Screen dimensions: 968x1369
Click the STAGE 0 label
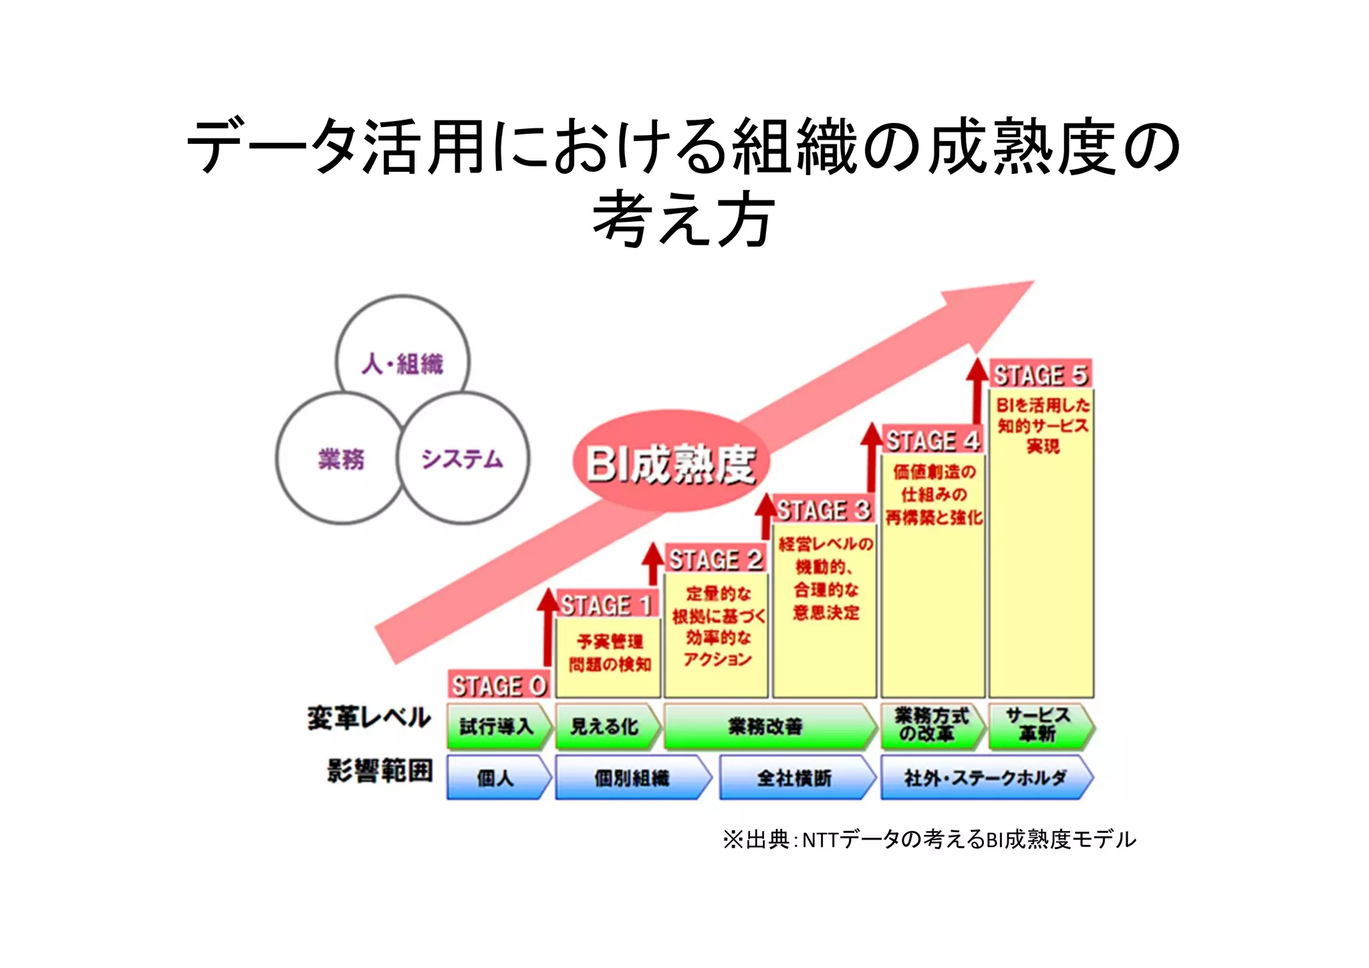[x=499, y=686]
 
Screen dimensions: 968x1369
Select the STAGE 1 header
[x=606, y=606]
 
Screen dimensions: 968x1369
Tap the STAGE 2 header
[x=716, y=560]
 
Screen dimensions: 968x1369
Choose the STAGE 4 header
[x=933, y=441]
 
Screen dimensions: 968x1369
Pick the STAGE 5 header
[x=1040, y=376]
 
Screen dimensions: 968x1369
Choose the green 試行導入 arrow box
[x=497, y=726]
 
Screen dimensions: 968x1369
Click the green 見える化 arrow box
[x=605, y=726]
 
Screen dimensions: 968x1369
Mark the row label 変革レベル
[x=369, y=719]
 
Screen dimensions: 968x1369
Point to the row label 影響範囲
[x=380, y=771]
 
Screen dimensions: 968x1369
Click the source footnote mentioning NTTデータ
[x=929, y=839]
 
